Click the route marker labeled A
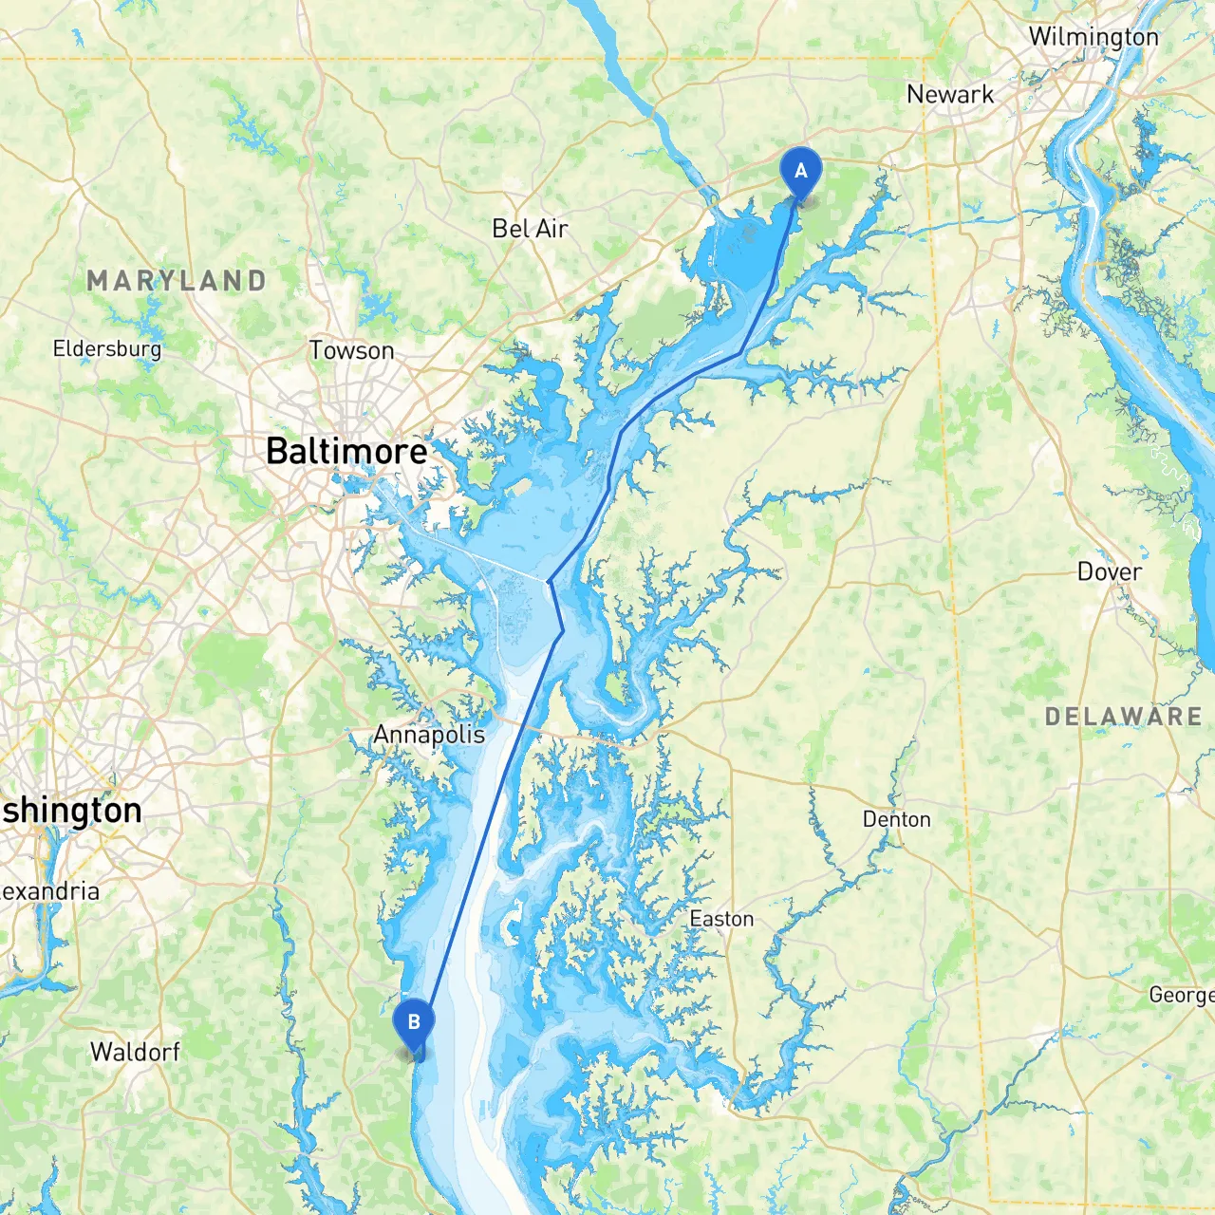tap(800, 173)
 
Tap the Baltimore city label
tap(346, 451)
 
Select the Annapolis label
tap(429, 735)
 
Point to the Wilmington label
tap(1093, 37)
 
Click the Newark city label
tap(950, 94)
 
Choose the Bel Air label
tap(530, 229)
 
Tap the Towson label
tap(351, 350)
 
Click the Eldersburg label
tap(107, 348)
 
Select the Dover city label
tap(1110, 571)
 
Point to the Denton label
tap(896, 819)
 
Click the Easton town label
tap(721, 919)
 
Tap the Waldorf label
tap(135, 1052)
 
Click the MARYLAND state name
tap(177, 281)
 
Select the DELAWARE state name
tap(1124, 717)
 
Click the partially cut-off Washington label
tap(71, 811)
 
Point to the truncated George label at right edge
tap(1181, 995)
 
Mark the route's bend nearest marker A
tap(740, 354)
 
